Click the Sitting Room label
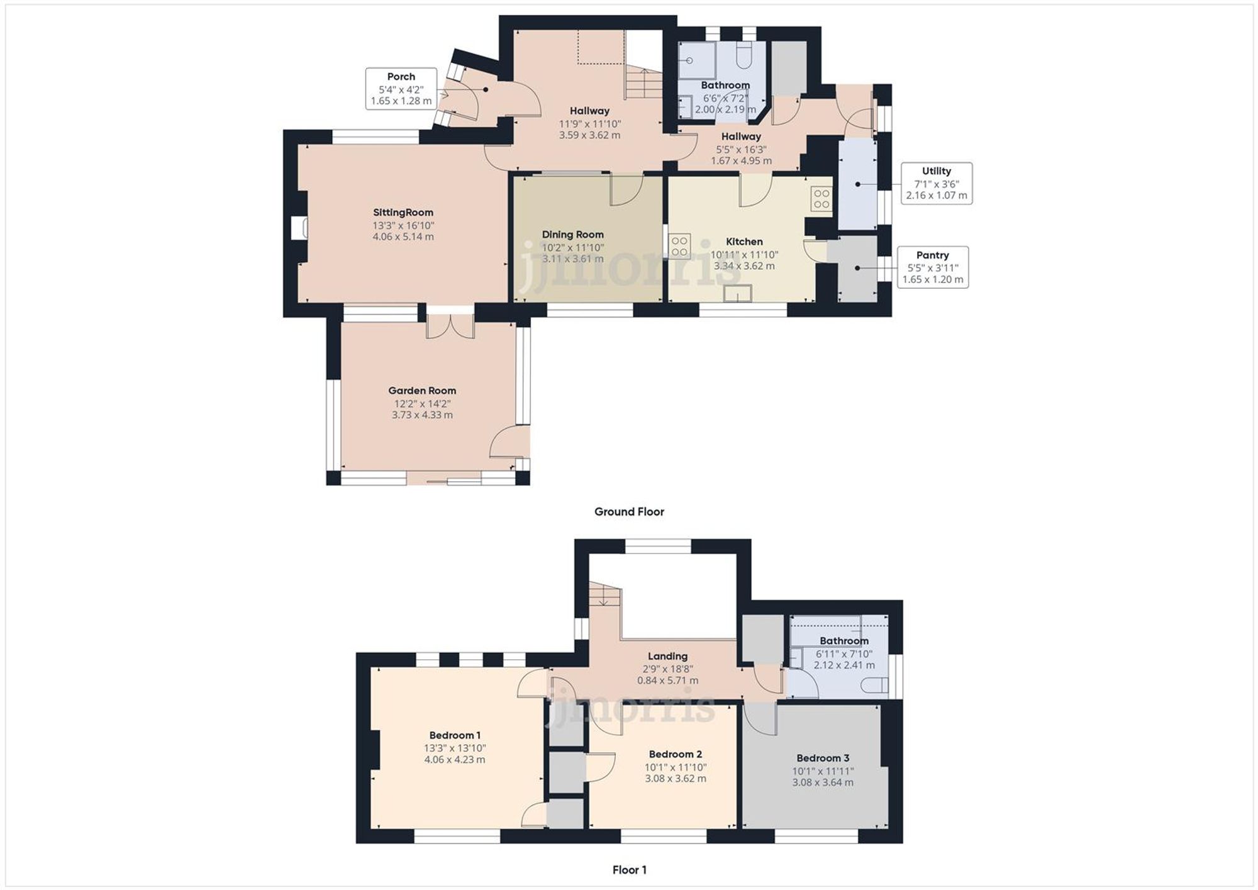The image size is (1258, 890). [403, 213]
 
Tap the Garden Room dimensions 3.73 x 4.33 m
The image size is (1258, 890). [422, 415]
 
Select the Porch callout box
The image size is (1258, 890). [401, 89]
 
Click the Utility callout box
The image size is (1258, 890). [936, 183]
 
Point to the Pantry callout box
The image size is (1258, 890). [932, 267]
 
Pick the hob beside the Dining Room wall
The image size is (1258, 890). [679, 245]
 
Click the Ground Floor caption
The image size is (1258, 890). [629, 512]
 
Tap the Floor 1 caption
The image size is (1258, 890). [629, 870]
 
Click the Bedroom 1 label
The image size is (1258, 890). [455, 735]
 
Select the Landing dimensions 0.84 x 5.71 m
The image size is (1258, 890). [667, 681]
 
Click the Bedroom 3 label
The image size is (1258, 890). [823, 759]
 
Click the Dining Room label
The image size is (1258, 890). [572, 235]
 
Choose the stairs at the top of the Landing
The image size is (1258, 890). [604, 595]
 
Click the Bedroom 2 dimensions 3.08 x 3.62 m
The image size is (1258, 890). [675, 779]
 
